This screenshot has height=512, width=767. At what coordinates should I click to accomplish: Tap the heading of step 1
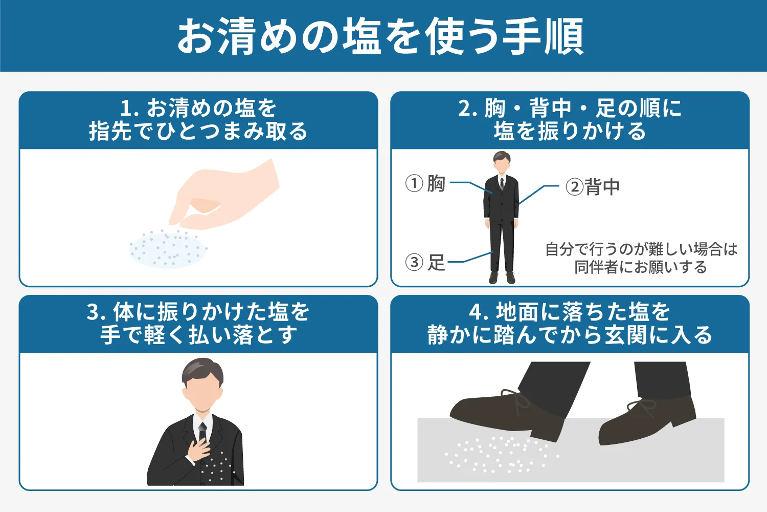[198, 120]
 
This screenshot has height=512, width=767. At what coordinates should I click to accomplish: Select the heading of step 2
[570, 120]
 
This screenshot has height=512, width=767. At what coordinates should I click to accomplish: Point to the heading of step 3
[198, 324]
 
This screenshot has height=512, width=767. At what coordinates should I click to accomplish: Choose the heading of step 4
[570, 324]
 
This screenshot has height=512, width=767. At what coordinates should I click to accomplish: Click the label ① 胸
[425, 183]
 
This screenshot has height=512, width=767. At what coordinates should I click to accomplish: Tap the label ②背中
[593, 187]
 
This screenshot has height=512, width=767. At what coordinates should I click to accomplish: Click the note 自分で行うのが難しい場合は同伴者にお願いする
[641, 258]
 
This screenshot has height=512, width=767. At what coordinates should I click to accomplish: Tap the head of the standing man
[502, 163]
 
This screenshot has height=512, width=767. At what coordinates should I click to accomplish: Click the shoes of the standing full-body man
[502, 278]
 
